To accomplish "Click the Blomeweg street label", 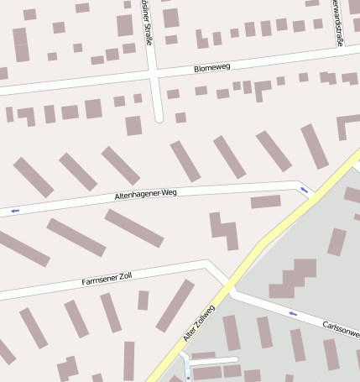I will [x=211, y=65].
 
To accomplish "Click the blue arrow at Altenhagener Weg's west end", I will [x=14, y=212].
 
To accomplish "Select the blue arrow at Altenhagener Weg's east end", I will [x=304, y=191].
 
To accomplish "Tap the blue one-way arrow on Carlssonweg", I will [x=293, y=313].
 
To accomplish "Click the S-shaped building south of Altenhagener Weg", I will [x=223, y=229].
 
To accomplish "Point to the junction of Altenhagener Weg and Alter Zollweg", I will [x=312, y=195].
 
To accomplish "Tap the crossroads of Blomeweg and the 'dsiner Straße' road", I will [x=155, y=76].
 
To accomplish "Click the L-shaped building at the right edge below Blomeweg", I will [x=347, y=126].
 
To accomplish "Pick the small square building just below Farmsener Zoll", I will [x=143, y=300].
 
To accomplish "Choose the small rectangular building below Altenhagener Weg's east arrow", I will [x=265, y=201].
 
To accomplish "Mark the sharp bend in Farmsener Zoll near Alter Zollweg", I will [x=207, y=264].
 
